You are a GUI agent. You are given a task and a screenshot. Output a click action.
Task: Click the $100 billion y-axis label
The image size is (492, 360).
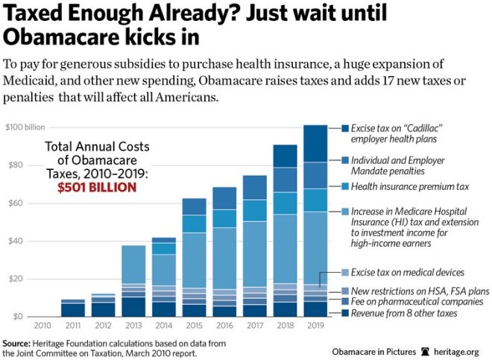[x=23, y=127]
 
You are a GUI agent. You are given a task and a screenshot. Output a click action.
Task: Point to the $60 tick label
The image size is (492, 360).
[x=16, y=203]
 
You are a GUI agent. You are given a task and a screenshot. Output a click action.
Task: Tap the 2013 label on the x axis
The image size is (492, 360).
[x=133, y=326]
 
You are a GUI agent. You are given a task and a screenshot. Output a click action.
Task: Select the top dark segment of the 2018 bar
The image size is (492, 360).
[x=285, y=156]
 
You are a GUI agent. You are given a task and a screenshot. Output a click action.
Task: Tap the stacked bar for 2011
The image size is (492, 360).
[x=73, y=308]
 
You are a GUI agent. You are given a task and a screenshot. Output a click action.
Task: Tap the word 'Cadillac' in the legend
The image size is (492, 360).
[x=427, y=127]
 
